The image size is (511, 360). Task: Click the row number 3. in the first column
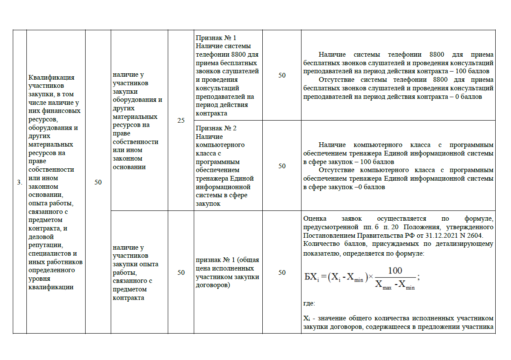[20, 182]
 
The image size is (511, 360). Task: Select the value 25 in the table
[181, 121]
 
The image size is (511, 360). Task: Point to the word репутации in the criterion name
[46, 245]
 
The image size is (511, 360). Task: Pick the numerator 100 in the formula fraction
[395, 271]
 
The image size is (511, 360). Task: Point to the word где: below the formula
[309, 304]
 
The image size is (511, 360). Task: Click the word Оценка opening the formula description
[315, 219]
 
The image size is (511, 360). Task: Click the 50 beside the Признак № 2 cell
[282, 166]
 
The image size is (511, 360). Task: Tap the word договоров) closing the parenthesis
[213, 285]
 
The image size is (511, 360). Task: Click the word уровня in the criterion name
[39, 279]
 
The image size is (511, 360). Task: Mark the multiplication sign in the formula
[370, 276]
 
